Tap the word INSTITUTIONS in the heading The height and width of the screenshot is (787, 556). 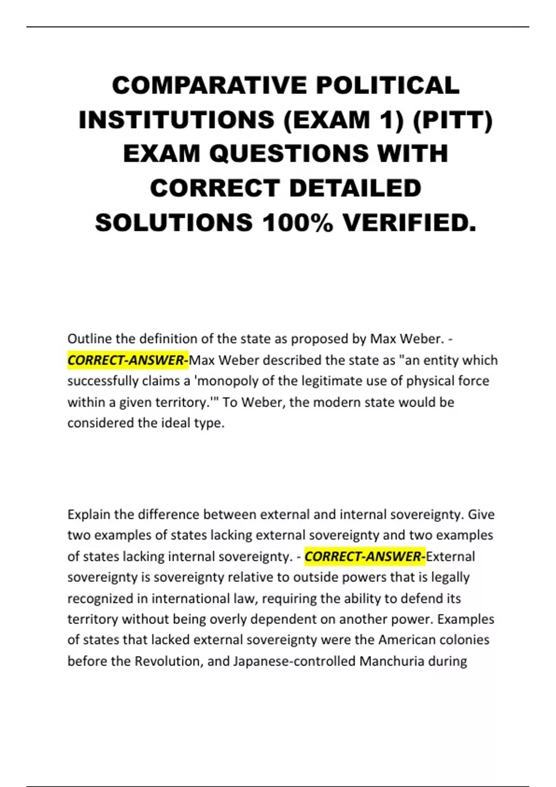[177, 120]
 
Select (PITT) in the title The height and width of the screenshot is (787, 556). [452, 120]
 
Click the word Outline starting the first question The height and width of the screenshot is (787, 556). [89, 339]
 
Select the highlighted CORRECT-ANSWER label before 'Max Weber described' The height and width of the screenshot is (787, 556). [128, 360]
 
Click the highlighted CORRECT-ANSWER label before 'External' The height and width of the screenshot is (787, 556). [365, 556]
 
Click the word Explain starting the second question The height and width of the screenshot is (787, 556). [88, 514]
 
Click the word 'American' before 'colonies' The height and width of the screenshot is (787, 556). [406, 640]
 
